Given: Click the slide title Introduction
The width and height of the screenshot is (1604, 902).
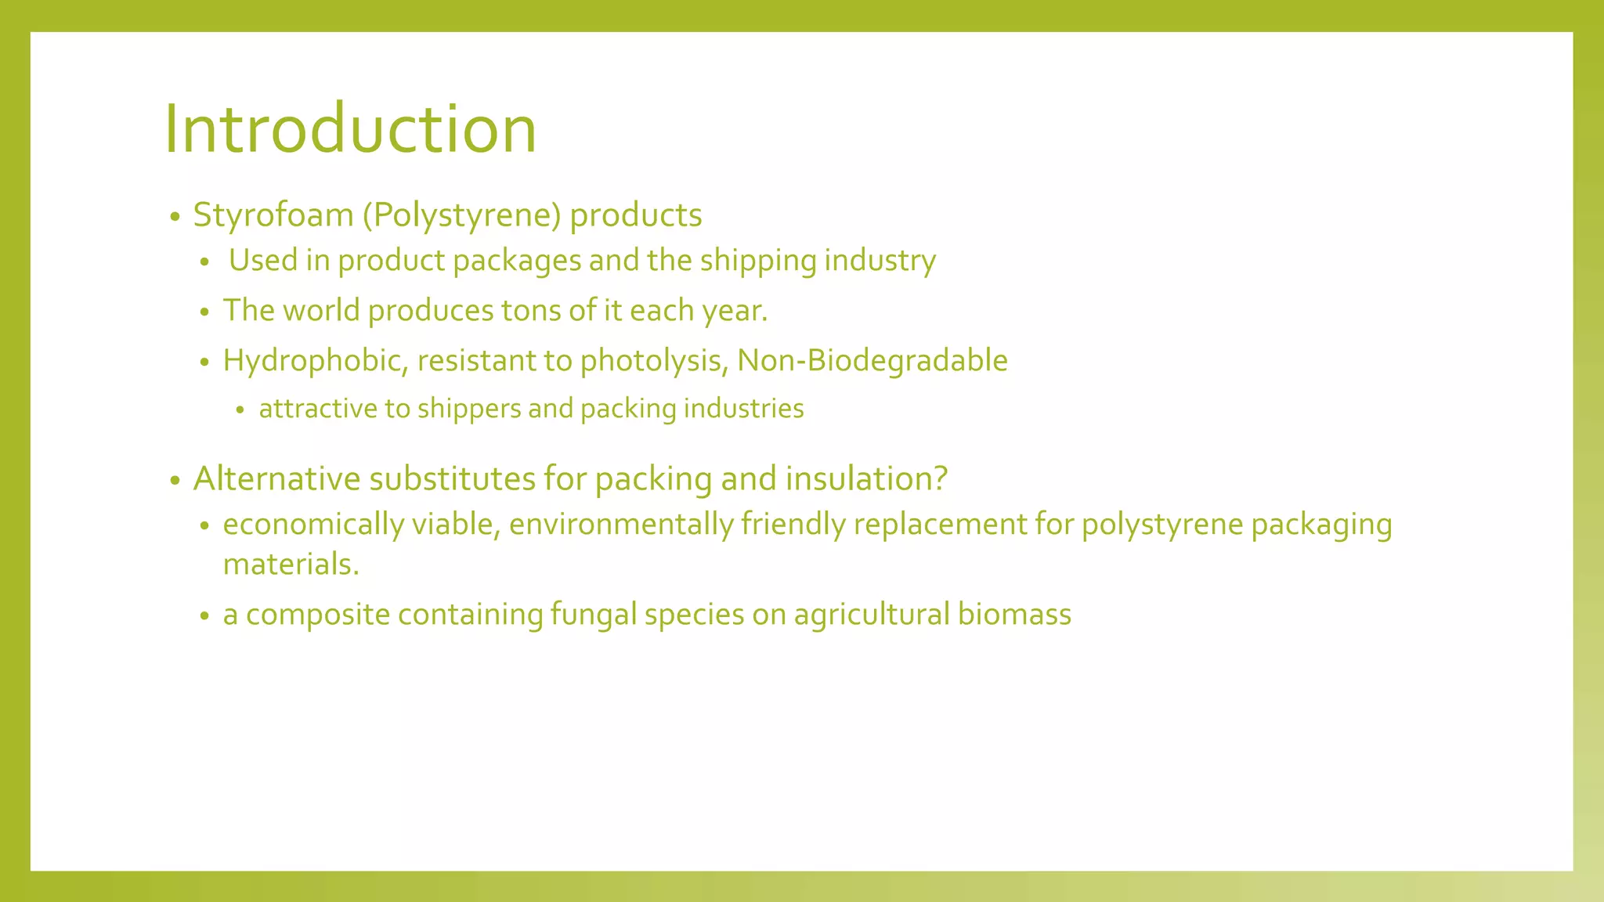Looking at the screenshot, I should click(350, 129).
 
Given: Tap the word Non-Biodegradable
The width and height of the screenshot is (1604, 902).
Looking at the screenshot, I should click(872, 361).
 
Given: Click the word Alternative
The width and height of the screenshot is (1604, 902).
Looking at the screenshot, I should click(277, 478).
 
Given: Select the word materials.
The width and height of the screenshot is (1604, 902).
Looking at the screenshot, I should click(291, 565).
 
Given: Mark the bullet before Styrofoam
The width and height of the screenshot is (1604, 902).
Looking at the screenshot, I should click(175, 217).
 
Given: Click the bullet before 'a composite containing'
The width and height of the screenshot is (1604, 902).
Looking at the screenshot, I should click(205, 616).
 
